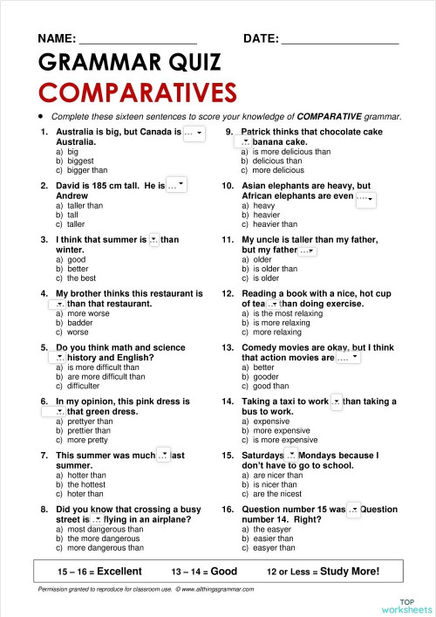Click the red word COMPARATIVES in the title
(x=138, y=93)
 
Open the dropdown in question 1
(x=194, y=133)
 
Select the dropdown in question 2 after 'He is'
(x=176, y=185)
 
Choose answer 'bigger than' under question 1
(x=86, y=170)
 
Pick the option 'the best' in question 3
(x=82, y=278)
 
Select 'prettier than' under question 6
(x=88, y=430)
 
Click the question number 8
(x=44, y=509)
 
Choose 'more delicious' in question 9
(x=276, y=170)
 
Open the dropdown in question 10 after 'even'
(x=365, y=198)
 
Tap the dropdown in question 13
(x=348, y=358)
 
